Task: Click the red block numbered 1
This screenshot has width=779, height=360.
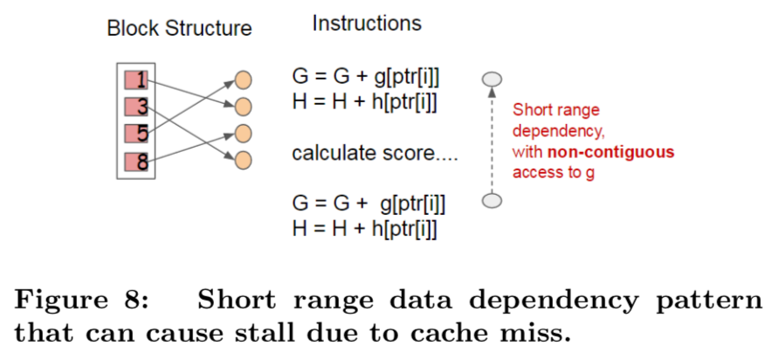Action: (134, 81)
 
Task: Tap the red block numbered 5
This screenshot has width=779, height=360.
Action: (134, 135)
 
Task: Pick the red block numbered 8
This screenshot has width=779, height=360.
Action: (134, 162)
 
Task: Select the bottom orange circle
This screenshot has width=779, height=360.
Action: (243, 160)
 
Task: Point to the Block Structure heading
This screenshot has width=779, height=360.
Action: (179, 29)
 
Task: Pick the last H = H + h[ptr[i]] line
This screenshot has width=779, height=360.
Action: (364, 229)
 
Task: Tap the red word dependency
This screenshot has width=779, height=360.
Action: (555, 131)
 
